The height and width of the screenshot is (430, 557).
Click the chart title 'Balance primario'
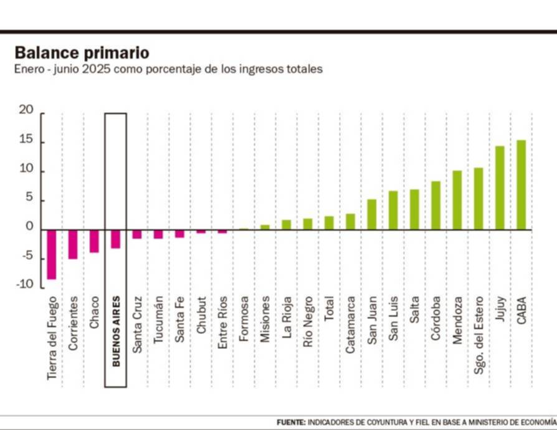[82, 52]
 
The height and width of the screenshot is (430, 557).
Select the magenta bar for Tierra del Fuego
[52, 254]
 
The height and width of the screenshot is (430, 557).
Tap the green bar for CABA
[521, 184]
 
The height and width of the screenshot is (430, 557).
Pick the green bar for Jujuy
[500, 188]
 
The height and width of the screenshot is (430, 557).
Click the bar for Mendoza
[457, 200]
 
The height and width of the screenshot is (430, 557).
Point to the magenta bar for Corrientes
[73, 244]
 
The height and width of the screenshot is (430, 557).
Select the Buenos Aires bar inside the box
[115, 239]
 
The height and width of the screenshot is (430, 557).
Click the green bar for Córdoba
[436, 205]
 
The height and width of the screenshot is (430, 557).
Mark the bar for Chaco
[94, 241]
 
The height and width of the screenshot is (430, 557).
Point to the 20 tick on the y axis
[26, 110]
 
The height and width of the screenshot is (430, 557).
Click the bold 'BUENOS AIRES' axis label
[116, 331]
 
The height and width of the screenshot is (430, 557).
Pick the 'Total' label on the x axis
[329, 308]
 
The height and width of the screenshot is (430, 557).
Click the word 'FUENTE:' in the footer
[291, 422]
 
